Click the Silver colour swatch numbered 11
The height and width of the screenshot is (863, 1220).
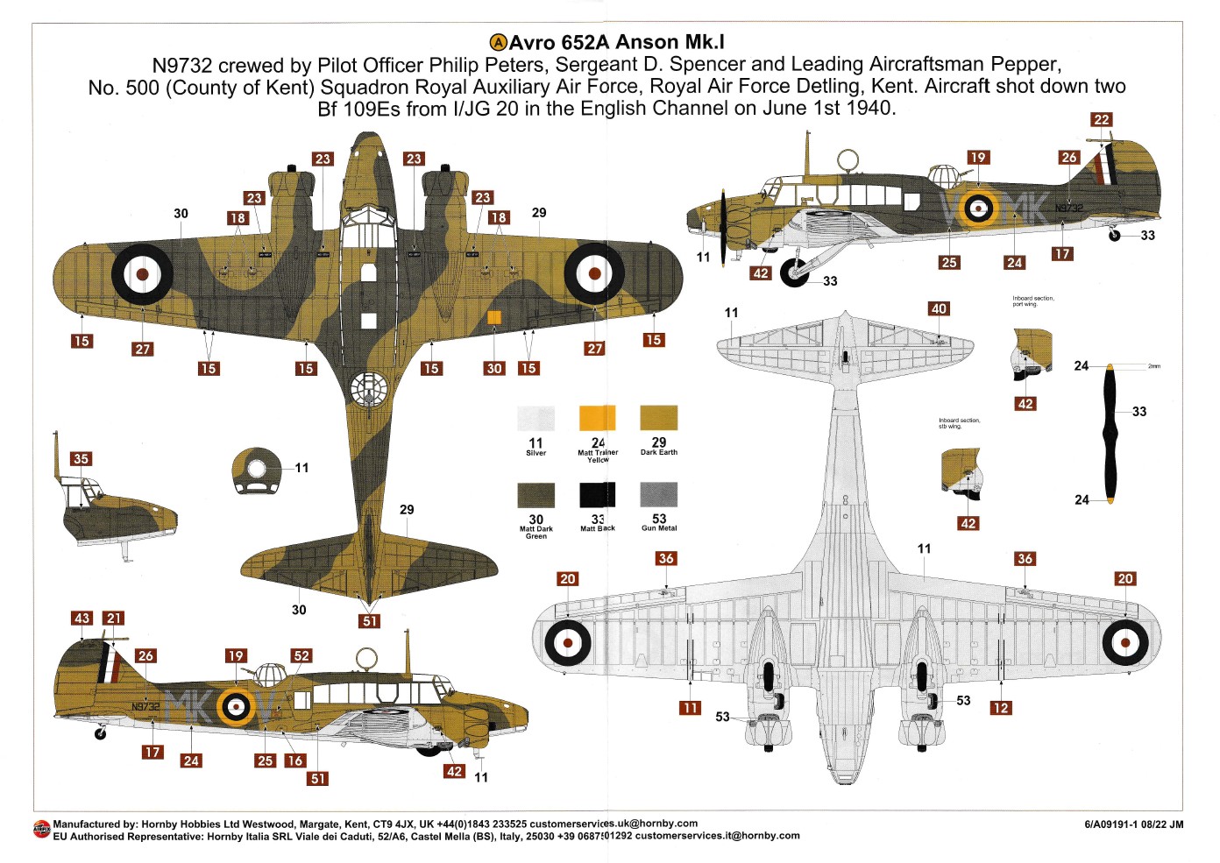point(536,417)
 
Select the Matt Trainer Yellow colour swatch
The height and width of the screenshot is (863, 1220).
point(597,417)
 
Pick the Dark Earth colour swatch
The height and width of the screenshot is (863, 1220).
point(658,417)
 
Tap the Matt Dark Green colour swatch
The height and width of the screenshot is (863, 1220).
point(536,495)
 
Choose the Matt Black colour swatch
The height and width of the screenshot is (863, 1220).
point(597,495)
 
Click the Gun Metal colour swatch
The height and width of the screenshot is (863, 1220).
point(658,495)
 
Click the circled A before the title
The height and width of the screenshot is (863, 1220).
point(498,42)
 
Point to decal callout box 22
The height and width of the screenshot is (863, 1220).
point(1101,120)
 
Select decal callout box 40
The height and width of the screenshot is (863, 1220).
point(939,309)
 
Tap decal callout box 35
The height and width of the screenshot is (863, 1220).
point(81,459)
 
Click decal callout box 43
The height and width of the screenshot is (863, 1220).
point(82,619)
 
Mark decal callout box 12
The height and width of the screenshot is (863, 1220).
point(1000,708)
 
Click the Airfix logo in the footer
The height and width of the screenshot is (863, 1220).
point(41,829)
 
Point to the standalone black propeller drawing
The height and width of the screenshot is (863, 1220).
point(1110,434)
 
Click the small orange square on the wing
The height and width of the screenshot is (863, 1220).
point(493,318)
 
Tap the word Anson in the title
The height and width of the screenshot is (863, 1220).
point(647,42)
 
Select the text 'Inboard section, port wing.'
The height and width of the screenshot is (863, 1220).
point(1032,301)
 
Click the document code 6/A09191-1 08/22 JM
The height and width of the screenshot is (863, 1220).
point(1133,824)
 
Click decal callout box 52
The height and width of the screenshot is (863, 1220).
point(301,656)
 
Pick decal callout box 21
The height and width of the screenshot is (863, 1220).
point(114,619)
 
